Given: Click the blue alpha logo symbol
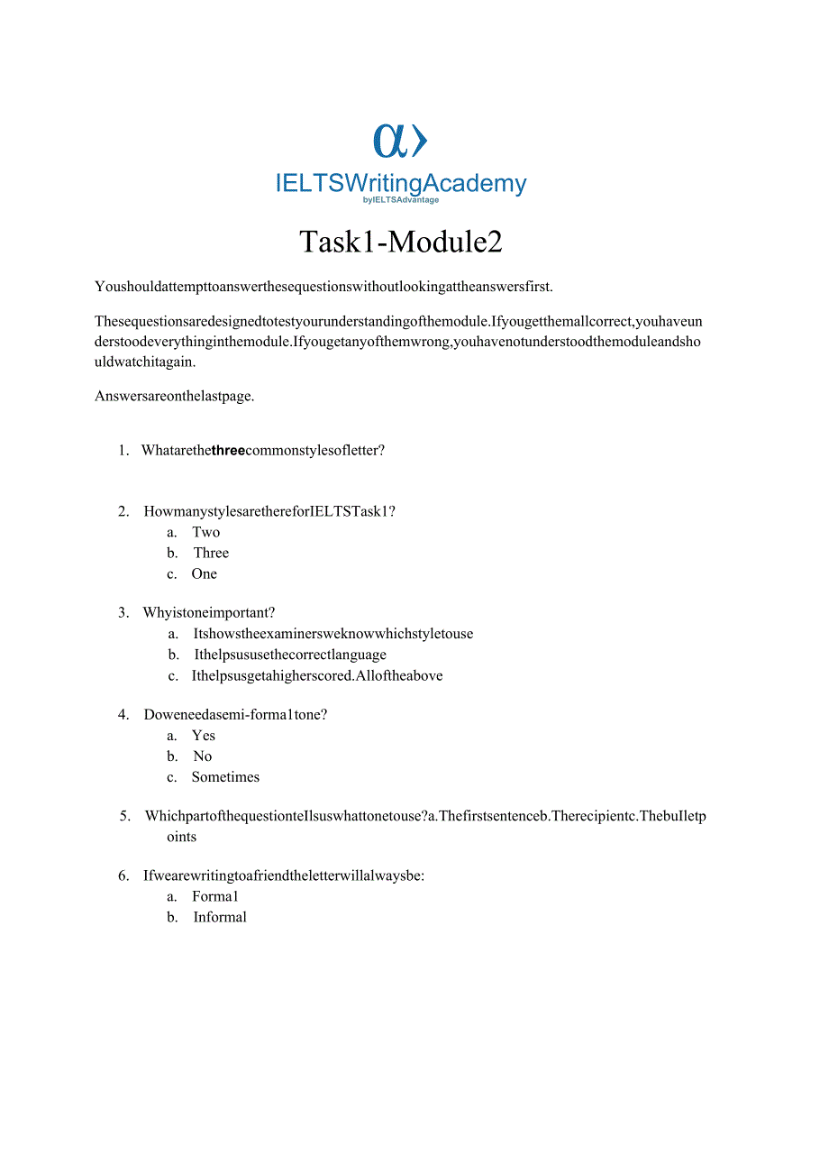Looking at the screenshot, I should [x=400, y=141].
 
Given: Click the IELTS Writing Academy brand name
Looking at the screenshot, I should [x=400, y=183].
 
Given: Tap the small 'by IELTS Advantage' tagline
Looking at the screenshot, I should [x=400, y=200].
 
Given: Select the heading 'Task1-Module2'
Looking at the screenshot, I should [x=400, y=242].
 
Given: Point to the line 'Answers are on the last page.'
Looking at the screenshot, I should [x=174, y=395].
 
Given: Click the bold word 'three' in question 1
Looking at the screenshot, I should [x=228, y=450].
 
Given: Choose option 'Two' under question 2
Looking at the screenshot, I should [x=205, y=532].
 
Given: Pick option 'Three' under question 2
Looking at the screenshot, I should [x=211, y=553].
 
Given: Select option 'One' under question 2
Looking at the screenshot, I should [x=204, y=573].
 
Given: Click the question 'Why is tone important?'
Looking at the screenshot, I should [x=209, y=612].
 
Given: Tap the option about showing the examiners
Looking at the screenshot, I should [x=333, y=633].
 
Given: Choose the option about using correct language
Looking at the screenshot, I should [x=290, y=655].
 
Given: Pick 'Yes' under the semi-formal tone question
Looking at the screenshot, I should [x=204, y=735].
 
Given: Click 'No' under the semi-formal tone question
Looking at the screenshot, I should [x=203, y=756].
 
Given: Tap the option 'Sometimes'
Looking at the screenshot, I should [x=225, y=776].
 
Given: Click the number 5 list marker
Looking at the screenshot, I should [x=125, y=816].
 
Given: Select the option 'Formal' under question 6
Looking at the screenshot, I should [x=214, y=896].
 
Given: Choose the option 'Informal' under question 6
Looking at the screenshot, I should [x=220, y=917].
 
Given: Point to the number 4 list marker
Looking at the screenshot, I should [x=123, y=714].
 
